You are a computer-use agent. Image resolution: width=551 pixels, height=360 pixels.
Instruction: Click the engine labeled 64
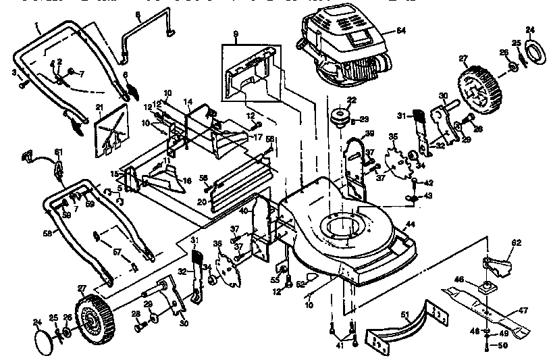coord(341,44)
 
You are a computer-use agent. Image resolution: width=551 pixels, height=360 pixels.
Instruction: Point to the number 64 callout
coord(401,31)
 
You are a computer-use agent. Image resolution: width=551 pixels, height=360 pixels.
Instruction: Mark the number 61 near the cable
coord(58,151)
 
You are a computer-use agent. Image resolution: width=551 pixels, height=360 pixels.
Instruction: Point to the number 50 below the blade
coord(502,346)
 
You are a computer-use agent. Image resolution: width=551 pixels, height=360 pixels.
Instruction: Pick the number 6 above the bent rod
coord(138,14)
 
